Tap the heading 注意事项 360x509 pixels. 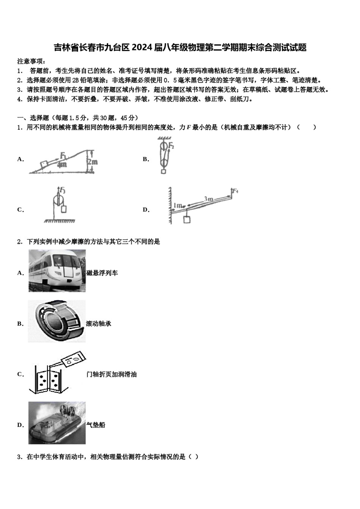click(x=31, y=61)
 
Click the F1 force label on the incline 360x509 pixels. click(x=63, y=155)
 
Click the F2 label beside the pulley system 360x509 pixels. click(x=171, y=146)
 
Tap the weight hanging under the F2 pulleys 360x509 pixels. click(x=163, y=172)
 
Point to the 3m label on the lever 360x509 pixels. click(x=208, y=199)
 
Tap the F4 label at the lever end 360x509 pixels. click(x=235, y=191)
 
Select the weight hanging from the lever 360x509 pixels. click(x=186, y=219)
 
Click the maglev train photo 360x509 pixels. click(x=57, y=270)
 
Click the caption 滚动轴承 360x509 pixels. click(x=99, y=324)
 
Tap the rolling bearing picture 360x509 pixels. click(x=57, y=321)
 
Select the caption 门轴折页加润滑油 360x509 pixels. click(x=111, y=375)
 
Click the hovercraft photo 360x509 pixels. click(x=57, y=423)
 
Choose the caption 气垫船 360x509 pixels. click(x=95, y=425)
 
